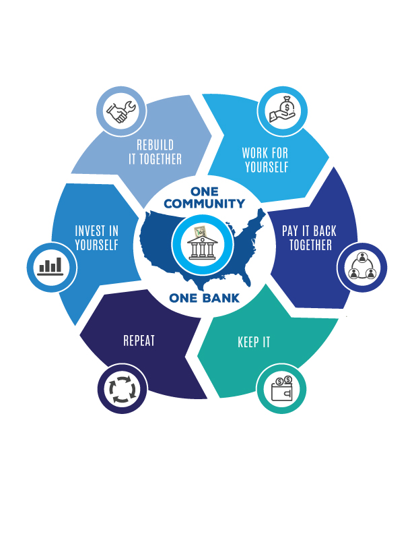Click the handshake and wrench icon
[121, 112]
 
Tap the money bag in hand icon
[283, 110]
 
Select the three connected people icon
[362, 266]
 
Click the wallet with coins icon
[282, 388]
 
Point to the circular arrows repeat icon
[123, 389]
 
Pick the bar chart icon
[51, 266]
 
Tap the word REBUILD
[156, 145]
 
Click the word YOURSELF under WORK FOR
[267, 167]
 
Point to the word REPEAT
[139, 340]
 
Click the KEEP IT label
[254, 343]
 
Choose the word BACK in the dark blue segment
[324, 231]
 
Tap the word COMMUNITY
[204, 204]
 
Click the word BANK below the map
[221, 298]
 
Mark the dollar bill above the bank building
[201, 232]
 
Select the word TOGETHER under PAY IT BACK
[311, 245]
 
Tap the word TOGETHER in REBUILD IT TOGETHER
[161, 159]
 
